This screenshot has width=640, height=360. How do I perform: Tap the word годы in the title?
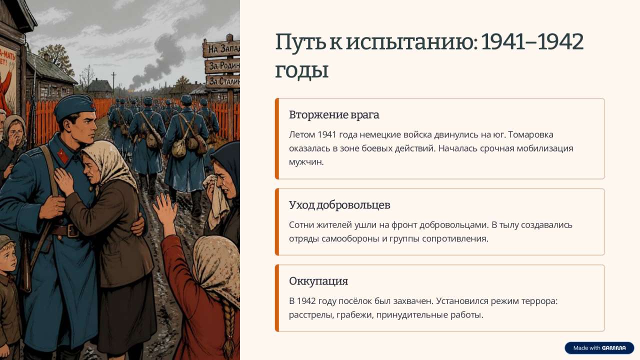(x=301, y=70)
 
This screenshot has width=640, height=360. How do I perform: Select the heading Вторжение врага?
(x=334, y=115)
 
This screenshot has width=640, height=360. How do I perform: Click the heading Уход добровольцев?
(x=339, y=205)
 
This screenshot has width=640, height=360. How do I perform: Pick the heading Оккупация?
(x=318, y=281)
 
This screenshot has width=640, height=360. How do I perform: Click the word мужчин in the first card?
(x=306, y=162)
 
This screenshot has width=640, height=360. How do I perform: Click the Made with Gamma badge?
(x=599, y=348)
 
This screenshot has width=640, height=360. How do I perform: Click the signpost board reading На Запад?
(x=221, y=48)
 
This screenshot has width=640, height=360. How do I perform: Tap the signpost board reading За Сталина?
(x=223, y=81)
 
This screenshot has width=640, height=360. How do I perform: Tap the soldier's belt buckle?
(x=72, y=230)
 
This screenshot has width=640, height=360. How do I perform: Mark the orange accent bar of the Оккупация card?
(x=276, y=298)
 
